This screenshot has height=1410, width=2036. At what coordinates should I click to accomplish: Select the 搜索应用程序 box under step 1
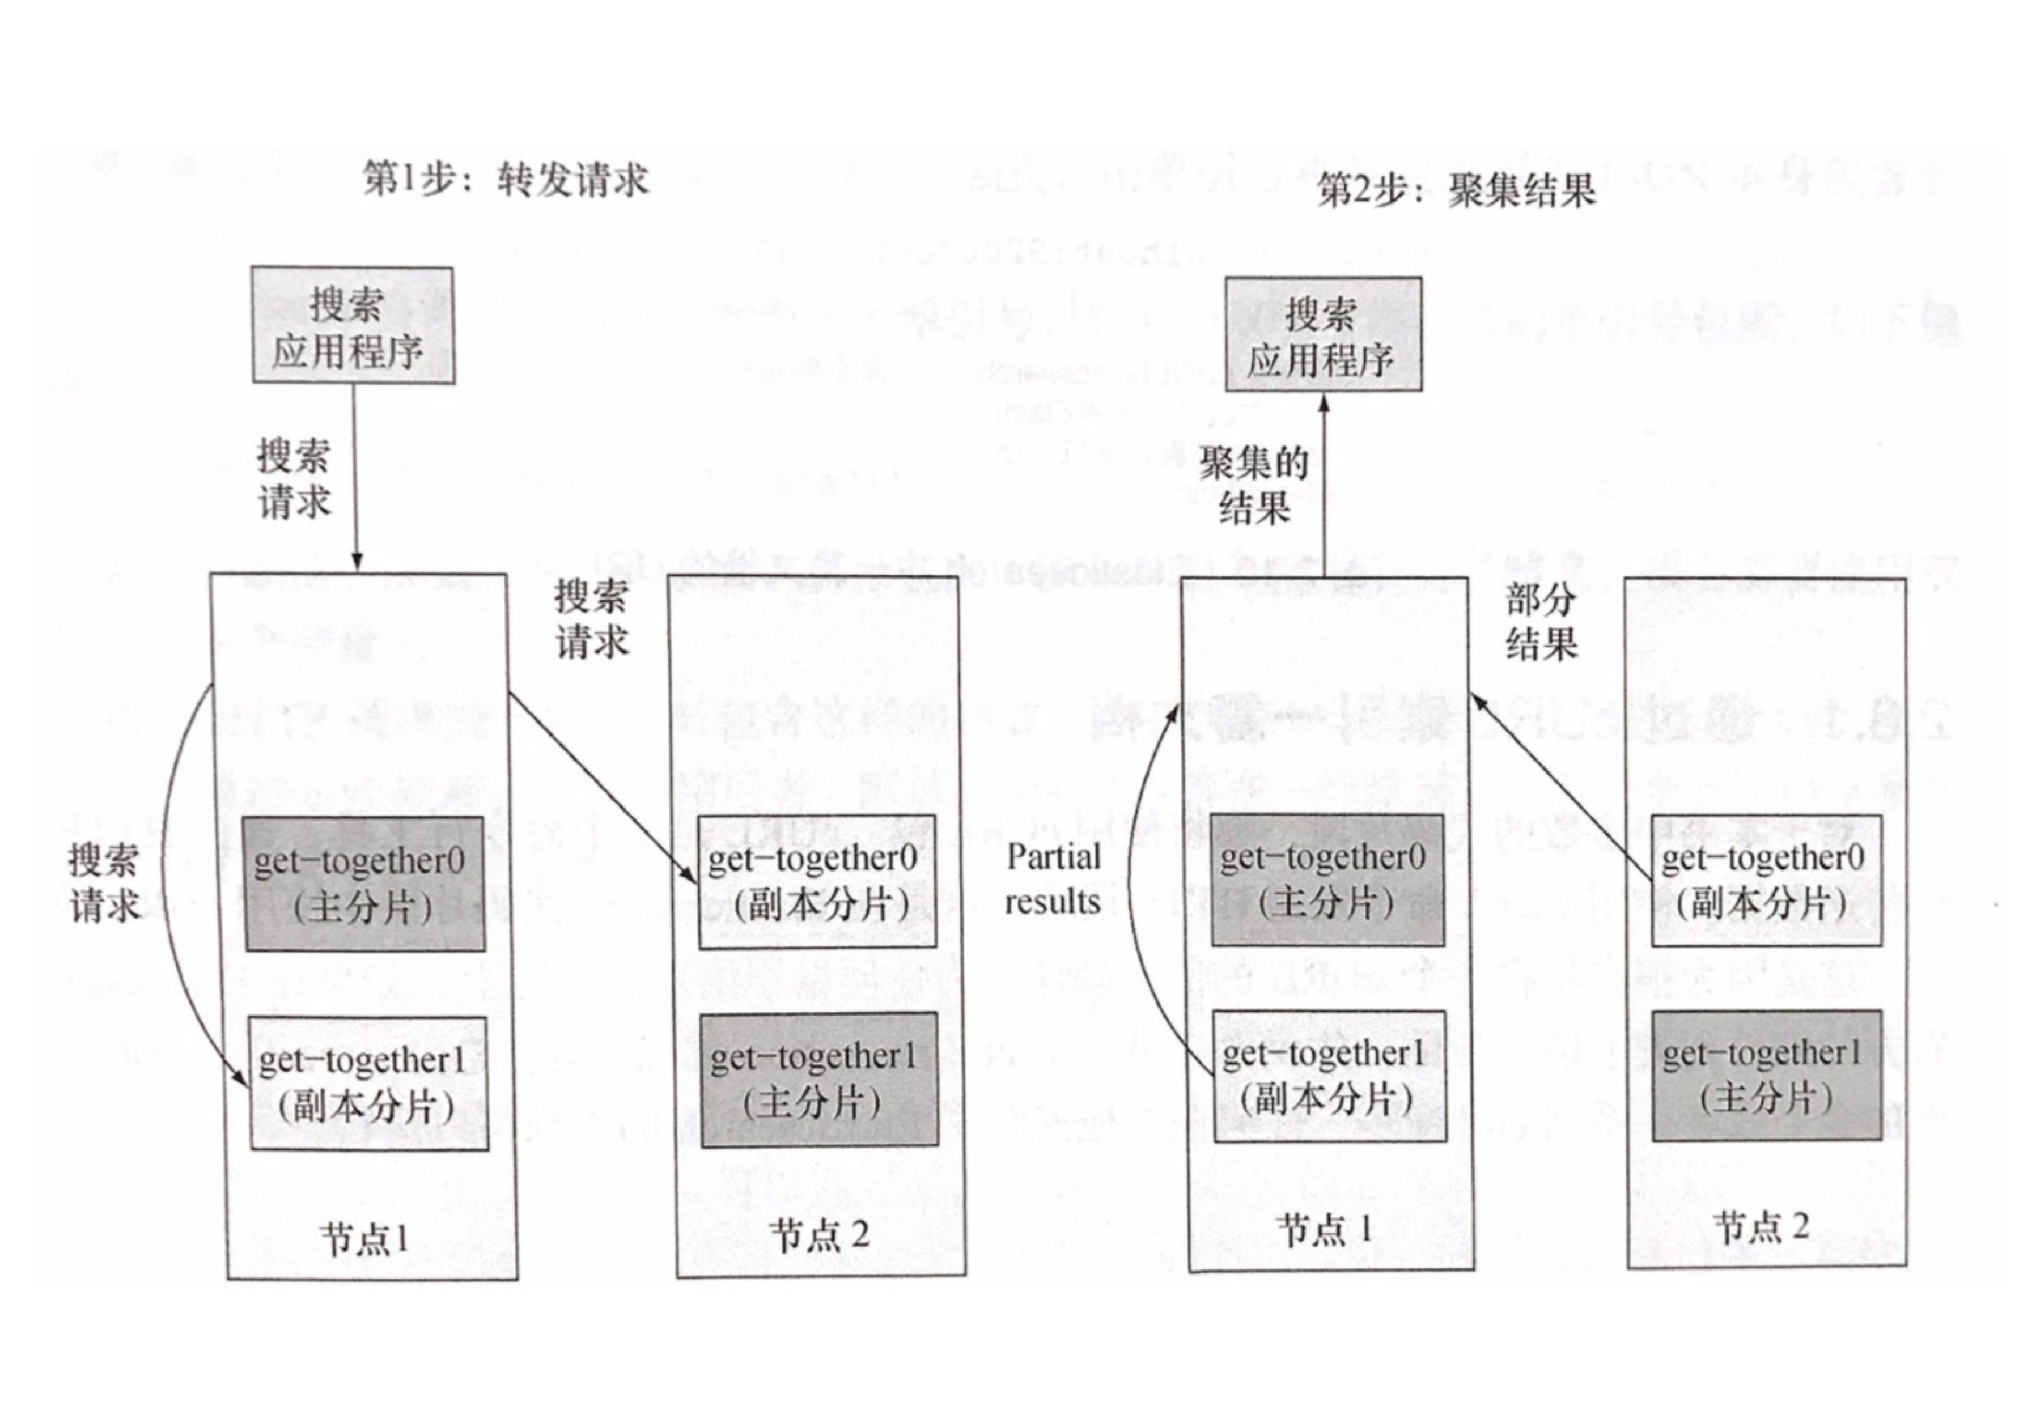point(353,325)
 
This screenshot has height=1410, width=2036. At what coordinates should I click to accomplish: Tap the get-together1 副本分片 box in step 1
point(368,1083)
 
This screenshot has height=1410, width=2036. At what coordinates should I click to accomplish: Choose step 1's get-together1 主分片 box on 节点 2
point(819,1080)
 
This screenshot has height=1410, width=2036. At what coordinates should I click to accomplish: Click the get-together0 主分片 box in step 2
point(1327,880)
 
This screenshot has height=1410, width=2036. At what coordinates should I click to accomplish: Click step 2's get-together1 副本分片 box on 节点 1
point(1329,1076)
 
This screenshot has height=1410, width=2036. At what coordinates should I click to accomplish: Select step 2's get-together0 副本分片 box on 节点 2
point(1766,880)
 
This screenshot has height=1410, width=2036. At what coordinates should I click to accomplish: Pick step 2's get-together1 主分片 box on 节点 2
point(1766,1075)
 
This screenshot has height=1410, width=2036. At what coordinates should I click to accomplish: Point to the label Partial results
point(1053,879)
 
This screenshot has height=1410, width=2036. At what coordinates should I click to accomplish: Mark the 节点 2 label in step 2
point(1761,1227)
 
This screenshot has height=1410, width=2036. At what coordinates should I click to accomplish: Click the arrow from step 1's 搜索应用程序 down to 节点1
point(355,477)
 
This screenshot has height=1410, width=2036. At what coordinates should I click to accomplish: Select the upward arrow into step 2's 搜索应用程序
point(1324,486)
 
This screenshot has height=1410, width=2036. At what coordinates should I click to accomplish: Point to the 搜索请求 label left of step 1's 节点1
point(104,882)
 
